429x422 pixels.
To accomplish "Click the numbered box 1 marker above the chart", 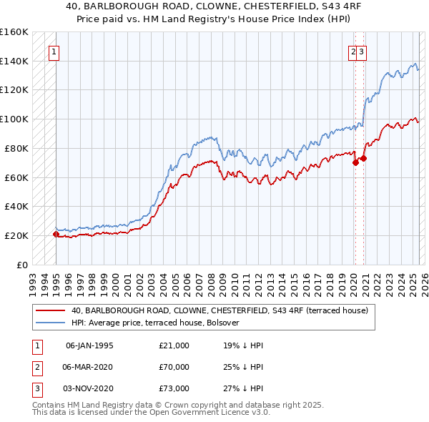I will coord(54,51).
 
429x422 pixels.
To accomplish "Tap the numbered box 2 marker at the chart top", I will coord(353,51).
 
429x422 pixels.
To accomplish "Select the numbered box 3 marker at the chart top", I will coord(363,51).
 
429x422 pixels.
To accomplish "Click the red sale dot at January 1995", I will coord(56,234).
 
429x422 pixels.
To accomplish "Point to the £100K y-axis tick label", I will coord(14,119).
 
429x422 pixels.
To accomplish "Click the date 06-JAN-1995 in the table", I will coord(89,345).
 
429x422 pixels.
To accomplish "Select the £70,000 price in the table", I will coord(174,367).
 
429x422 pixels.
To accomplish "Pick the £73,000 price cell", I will coord(174,388).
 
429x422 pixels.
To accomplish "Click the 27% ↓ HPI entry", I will coord(244,388).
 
